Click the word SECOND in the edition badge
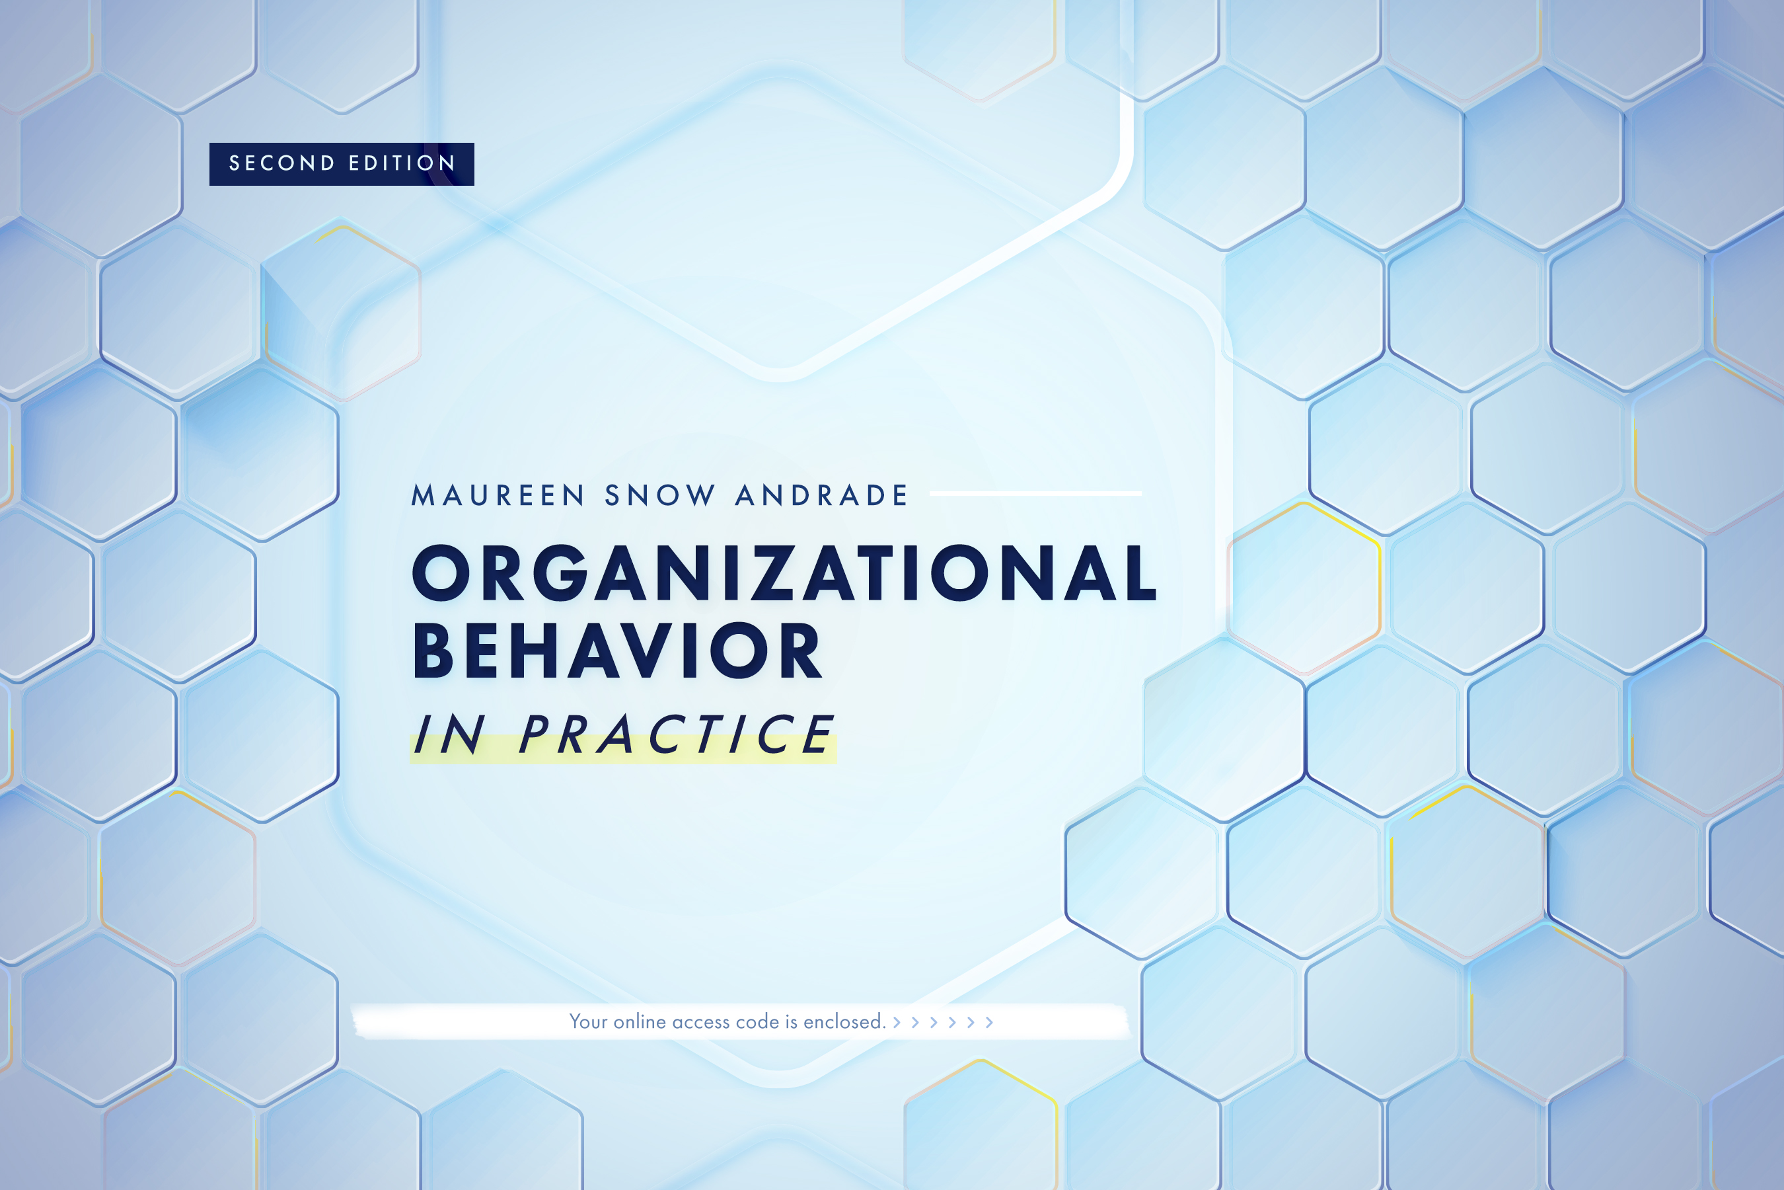point(281,163)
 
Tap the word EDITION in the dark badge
point(402,163)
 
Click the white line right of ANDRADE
point(1035,493)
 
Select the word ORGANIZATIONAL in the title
point(784,573)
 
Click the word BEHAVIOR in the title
point(616,651)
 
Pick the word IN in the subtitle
point(449,734)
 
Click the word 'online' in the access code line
point(640,1021)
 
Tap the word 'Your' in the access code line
point(588,1021)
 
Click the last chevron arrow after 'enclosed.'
point(989,1022)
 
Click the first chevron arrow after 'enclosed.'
point(897,1022)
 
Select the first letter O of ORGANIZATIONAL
point(441,573)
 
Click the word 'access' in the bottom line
point(701,1021)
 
